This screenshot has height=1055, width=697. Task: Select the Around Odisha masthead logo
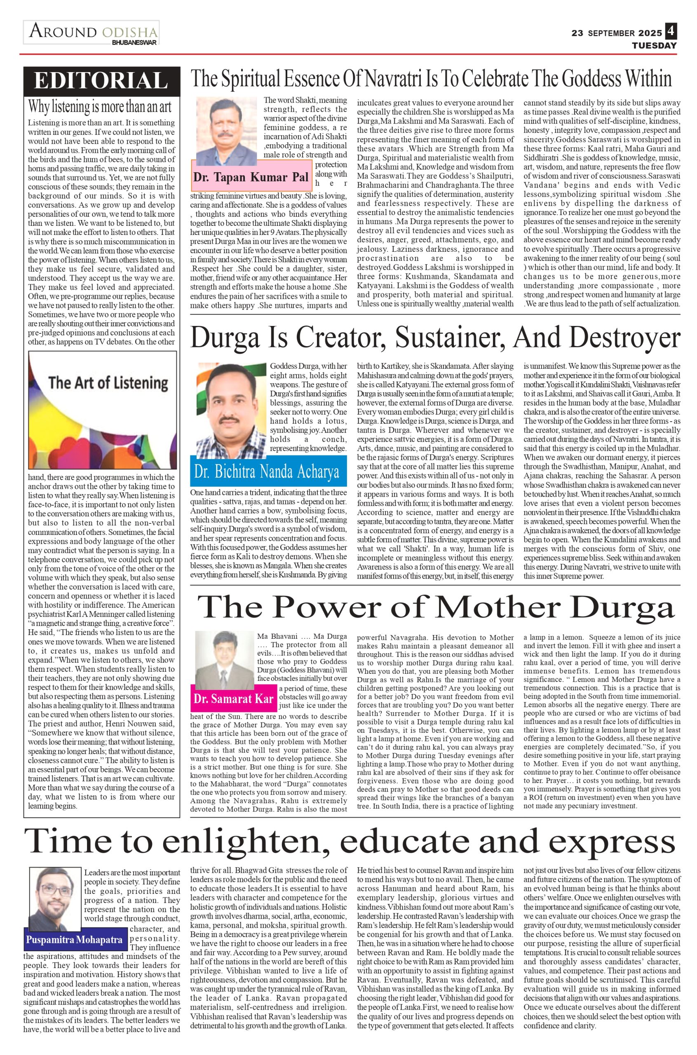coord(92,32)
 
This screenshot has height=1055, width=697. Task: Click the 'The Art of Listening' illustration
coord(102,409)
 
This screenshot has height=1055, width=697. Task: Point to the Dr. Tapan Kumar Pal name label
coord(251,177)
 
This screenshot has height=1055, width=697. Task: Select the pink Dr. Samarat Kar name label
coord(233,699)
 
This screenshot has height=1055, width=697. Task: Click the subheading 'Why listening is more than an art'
coord(100,107)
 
